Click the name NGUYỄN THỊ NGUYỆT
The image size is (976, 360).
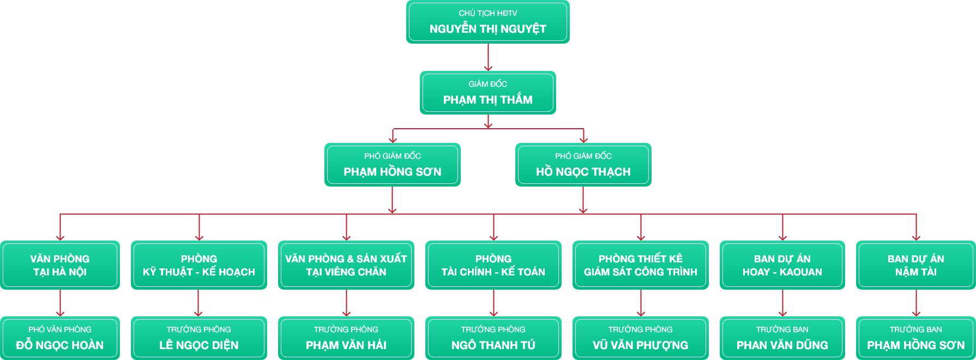coord(487,29)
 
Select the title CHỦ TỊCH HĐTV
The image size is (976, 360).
coord(487,13)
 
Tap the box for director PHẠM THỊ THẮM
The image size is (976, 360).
coord(487,93)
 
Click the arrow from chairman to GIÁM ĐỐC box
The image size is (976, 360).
coord(488,57)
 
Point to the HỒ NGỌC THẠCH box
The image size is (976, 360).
coord(583,165)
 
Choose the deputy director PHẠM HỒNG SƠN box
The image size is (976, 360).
coord(392,165)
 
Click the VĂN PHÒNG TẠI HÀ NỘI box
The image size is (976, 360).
coord(60,265)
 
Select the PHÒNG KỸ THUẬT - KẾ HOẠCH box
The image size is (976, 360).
coord(198,265)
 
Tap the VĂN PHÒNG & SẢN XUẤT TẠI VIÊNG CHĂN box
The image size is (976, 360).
coord(346,265)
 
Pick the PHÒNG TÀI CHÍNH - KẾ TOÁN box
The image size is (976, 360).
coord(493,265)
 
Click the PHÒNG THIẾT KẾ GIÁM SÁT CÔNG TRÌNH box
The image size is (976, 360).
coord(640,265)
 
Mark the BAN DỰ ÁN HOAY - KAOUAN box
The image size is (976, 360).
coord(782,265)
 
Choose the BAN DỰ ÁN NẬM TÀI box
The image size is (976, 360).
coord(915,265)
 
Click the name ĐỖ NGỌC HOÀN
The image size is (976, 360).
coord(60,345)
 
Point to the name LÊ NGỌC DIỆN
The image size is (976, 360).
coord(198,345)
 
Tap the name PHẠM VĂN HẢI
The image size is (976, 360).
coord(346,345)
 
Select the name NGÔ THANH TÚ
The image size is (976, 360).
coord(493,345)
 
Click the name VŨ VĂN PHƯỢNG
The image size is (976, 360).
coord(640,345)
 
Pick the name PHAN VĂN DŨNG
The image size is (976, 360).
coord(782,345)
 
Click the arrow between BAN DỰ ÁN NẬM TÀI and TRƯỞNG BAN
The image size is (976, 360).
coord(916,303)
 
